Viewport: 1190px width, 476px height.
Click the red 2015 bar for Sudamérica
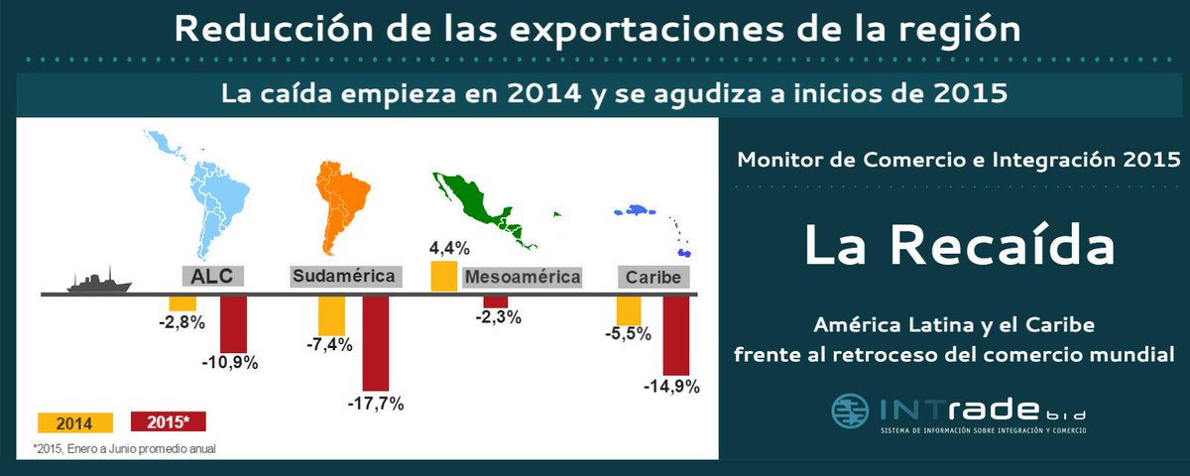click(376, 343)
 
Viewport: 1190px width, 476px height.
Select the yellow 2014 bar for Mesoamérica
click(443, 277)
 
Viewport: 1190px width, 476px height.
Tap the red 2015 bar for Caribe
click(676, 332)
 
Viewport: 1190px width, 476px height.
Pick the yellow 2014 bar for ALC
click(182, 303)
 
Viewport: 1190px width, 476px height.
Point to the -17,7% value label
click(376, 405)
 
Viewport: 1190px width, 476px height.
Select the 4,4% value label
click(449, 247)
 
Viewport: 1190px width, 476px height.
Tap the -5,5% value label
click(627, 334)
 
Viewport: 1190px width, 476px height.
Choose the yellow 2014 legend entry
click(68, 423)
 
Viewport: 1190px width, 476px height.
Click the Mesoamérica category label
click(522, 277)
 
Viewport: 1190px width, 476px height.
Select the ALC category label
click(212, 276)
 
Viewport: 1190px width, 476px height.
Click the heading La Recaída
click(959, 246)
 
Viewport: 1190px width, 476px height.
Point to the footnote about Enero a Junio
click(124, 449)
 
